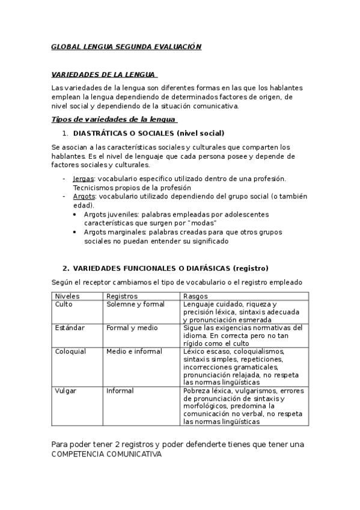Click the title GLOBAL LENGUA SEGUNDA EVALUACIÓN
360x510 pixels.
point(126,46)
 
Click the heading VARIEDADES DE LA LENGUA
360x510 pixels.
point(103,75)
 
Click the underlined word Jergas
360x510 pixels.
point(83,179)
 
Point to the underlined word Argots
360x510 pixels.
point(84,196)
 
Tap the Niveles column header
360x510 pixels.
point(67,296)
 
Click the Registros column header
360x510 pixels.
point(122,296)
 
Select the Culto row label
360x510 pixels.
point(64,304)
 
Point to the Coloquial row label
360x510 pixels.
point(70,351)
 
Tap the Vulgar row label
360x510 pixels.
point(66,390)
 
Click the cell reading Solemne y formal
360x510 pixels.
point(135,304)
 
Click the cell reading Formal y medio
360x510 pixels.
point(132,328)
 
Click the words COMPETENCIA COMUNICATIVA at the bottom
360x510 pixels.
point(106,455)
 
